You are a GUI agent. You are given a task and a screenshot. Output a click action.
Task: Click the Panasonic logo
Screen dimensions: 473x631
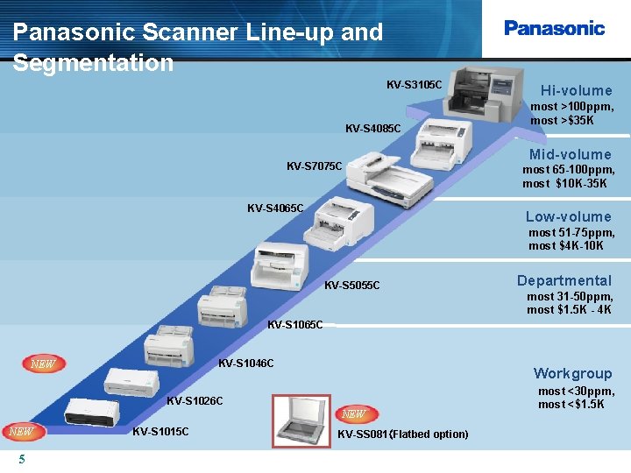pos(554,28)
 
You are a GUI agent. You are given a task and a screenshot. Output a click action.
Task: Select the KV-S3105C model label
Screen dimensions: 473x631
pos(415,85)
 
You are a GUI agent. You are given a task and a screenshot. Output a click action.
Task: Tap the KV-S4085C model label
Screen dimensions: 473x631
pos(373,130)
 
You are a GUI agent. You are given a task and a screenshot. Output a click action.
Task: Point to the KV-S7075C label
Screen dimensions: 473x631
pos(315,166)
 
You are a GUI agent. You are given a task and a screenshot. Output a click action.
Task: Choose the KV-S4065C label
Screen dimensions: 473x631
pos(275,208)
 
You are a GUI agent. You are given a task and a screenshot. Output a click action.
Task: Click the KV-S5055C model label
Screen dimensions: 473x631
pos(352,286)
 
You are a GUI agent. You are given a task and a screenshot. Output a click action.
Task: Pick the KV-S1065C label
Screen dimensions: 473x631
pos(294,325)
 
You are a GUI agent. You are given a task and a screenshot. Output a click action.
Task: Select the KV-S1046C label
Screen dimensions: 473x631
pos(245,364)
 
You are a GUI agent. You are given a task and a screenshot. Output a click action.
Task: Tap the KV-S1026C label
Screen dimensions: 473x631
pos(195,401)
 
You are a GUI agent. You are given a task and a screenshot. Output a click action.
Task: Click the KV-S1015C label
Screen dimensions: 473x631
pos(160,431)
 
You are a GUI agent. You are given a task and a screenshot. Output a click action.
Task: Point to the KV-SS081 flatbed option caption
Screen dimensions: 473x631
pos(402,434)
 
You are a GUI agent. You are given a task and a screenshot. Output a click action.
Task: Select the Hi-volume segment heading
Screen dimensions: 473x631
pos(576,90)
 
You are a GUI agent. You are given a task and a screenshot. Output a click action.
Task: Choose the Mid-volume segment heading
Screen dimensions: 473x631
pos(570,155)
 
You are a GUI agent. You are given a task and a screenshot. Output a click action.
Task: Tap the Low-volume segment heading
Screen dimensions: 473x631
pos(568,216)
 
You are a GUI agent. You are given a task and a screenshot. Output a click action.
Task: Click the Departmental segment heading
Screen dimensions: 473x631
pos(564,280)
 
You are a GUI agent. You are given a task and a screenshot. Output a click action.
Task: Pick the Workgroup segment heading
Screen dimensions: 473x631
pos(572,373)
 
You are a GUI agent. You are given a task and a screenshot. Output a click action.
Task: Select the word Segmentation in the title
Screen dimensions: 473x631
pos(94,63)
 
